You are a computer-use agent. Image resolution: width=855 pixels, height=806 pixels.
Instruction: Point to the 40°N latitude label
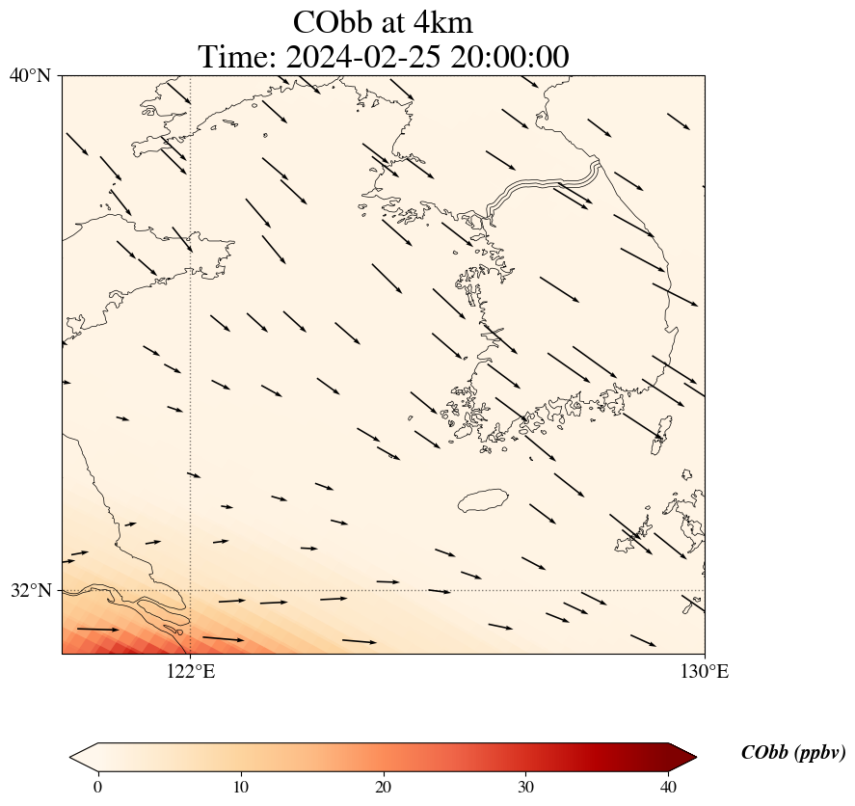[30, 75]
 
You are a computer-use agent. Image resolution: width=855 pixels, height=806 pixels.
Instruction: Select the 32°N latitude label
[30, 590]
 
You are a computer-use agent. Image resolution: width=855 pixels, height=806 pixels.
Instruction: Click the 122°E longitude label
[191, 671]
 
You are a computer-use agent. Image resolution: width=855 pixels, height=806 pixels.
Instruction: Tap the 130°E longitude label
[705, 671]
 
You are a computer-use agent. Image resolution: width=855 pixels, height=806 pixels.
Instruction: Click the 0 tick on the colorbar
[97, 787]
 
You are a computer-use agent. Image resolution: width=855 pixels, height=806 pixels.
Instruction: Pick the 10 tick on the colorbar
[241, 787]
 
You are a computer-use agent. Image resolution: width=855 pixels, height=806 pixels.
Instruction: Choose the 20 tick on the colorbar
[384, 787]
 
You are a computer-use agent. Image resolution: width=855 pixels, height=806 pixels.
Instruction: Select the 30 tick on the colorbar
[526, 787]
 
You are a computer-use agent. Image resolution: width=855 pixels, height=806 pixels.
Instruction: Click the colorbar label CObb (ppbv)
[792, 753]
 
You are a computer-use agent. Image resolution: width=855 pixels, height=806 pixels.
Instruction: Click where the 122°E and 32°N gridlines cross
[191, 590]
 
